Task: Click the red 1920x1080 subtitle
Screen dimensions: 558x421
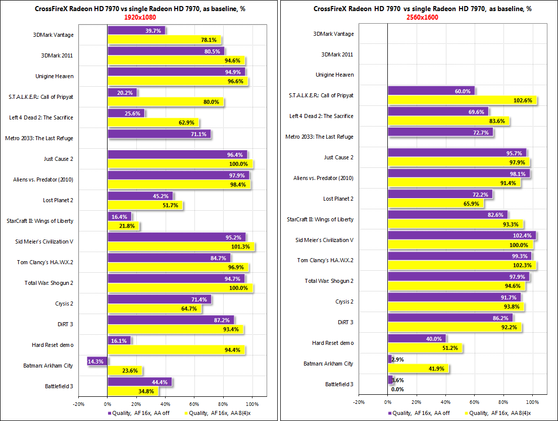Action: (x=140, y=18)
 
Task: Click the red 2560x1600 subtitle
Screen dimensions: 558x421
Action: (x=423, y=18)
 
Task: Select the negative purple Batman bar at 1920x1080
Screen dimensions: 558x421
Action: (x=97, y=362)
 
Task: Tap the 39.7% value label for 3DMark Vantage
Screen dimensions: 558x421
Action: (x=153, y=31)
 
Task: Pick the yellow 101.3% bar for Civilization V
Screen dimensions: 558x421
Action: (x=181, y=247)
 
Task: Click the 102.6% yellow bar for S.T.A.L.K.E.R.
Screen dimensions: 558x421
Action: (x=462, y=100)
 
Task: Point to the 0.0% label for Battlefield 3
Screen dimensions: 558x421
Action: (x=397, y=389)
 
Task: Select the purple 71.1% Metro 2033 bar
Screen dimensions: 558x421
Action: (x=159, y=134)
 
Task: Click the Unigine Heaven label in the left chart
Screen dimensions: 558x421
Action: (x=55, y=76)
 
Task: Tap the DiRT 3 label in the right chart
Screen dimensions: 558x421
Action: (x=345, y=322)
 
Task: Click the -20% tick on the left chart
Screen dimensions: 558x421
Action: (x=79, y=404)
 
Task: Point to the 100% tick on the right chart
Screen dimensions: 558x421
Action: (x=532, y=402)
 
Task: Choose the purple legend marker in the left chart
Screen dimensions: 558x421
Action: (x=110, y=413)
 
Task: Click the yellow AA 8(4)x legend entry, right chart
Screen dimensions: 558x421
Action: (x=498, y=413)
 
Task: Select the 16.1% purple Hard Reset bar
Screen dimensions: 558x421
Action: (x=119, y=341)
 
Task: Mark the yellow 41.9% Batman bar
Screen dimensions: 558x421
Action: (x=418, y=369)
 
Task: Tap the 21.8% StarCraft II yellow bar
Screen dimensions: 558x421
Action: (x=124, y=226)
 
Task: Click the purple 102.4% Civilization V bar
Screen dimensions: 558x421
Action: (x=462, y=235)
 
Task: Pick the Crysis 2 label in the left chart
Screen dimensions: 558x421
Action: (x=64, y=304)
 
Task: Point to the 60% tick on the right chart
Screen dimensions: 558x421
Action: (x=474, y=402)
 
